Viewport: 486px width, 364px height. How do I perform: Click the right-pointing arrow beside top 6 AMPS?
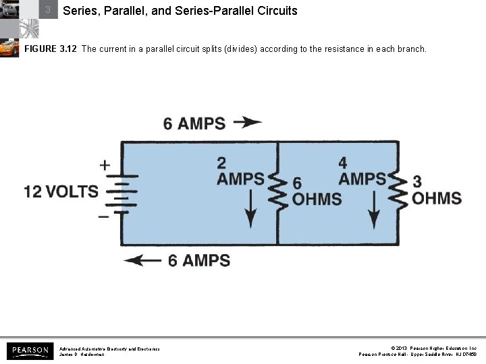tap(247, 123)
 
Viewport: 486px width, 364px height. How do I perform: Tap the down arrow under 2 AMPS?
tap(250, 209)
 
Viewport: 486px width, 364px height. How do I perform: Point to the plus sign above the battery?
tap(105, 164)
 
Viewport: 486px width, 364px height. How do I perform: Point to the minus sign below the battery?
tap(103, 216)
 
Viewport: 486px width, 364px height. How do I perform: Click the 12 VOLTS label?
tap(61, 191)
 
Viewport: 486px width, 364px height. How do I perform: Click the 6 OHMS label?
tap(316, 191)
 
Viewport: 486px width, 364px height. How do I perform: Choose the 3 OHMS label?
tap(436, 191)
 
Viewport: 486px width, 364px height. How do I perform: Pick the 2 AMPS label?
tap(240, 171)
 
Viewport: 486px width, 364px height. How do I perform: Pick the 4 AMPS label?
tap(362, 171)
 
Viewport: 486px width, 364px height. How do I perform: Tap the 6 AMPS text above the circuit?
tap(194, 123)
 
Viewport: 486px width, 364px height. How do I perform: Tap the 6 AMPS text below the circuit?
tap(198, 260)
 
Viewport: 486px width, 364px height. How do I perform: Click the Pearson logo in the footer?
tap(29, 351)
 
